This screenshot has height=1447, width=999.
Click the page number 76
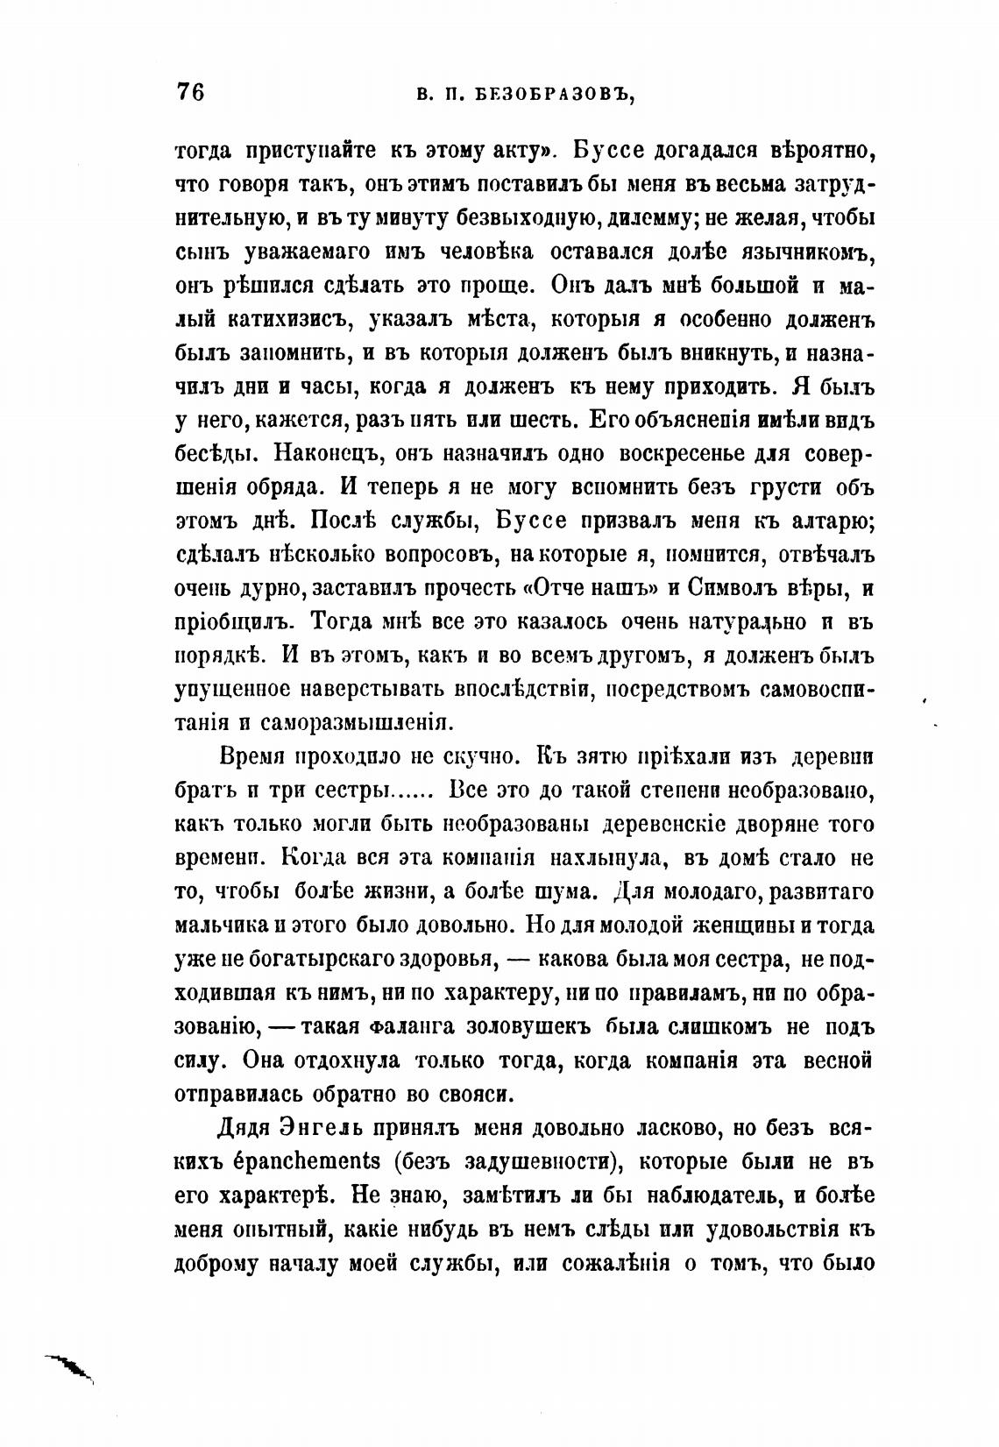tap(190, 91)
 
